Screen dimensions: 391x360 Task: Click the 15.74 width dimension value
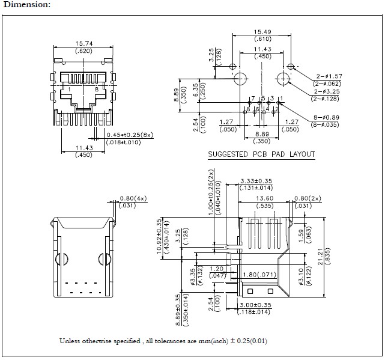(84, 44)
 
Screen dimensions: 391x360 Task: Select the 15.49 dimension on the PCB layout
(262, 32)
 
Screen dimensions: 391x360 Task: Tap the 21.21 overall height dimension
(321, 257)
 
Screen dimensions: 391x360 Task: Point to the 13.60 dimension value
(265, 198)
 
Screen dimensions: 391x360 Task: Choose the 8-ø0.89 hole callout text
(326, 118)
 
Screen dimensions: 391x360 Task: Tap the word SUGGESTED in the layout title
(228, 154)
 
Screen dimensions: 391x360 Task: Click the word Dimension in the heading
(27, 4)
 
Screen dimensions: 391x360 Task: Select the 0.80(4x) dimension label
(133, 198)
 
